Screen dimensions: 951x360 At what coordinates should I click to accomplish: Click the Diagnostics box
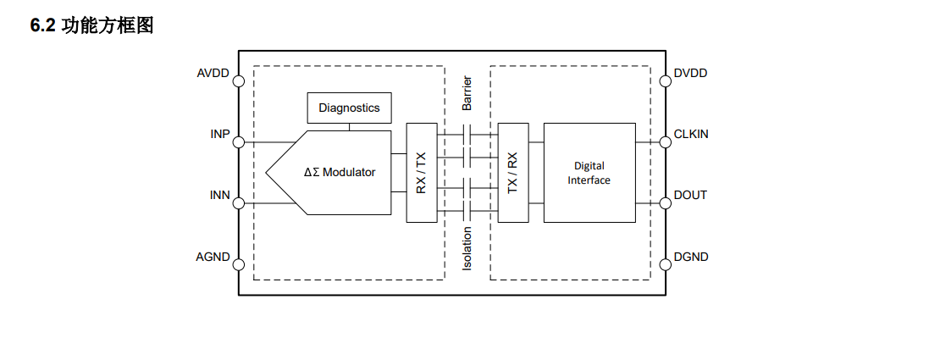(x=350, y=108)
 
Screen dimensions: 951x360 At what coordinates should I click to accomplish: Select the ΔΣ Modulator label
(x=340, y=173)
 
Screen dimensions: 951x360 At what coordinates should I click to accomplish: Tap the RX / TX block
(x=422, y=173)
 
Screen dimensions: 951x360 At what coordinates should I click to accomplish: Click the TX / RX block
(x=513, y=173)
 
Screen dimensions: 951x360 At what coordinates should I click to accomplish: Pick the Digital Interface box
(x=589, y=173)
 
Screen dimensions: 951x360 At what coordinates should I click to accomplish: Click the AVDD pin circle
(x=239, y=81)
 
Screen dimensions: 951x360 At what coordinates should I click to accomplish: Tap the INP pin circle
(x=239, y=142)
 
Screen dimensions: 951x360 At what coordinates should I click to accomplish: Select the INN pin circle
(x=239, y=203)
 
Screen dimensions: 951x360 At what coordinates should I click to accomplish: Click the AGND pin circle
(x=239, y=264)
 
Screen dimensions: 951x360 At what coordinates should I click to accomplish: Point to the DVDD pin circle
(x=666, y=81)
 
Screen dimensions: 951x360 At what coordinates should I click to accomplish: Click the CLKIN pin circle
(x=666, y=142)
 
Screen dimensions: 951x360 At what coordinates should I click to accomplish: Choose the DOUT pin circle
(x=666, y=203)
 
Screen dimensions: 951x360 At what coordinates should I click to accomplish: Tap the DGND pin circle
(x=666, y=264)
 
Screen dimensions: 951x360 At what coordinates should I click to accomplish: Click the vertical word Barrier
(x=467, y=93)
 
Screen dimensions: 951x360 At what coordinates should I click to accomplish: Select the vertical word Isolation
(x=467, y=248)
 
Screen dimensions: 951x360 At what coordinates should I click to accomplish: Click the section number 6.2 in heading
(x=42, y=26)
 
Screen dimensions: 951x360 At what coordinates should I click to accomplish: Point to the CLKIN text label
(x=691, y=134)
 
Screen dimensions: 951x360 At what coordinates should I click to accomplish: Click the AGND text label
(x=213, y=257)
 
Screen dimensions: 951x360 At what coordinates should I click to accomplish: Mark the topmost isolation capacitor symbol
(x=467, y=134)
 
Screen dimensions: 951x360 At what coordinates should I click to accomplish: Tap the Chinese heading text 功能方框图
(x=108, y=26)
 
